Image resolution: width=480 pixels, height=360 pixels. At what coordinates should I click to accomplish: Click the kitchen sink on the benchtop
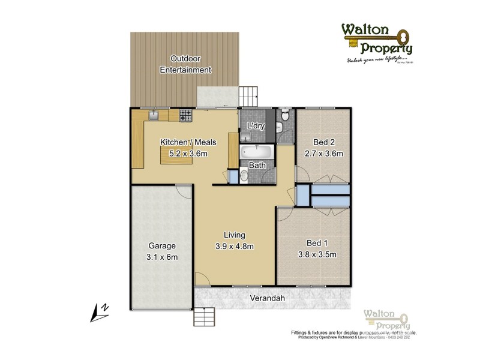pos(154,114)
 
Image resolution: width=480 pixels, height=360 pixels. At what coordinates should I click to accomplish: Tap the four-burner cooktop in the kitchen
pos(185,114)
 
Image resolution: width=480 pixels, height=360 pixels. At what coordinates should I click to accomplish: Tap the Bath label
pos(257,165)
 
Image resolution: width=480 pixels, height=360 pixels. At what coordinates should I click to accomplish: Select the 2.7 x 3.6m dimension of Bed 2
pos(323,153)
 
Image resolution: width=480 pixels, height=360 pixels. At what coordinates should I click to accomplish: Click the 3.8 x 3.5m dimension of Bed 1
pos(312,254)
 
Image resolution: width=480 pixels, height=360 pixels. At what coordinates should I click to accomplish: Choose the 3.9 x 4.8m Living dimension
pos(235,245)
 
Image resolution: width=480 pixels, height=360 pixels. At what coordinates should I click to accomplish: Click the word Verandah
pos(267,298)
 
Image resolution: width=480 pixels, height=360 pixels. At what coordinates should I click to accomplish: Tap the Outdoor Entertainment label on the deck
pos(185,64)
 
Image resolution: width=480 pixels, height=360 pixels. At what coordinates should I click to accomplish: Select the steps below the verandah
pos(205,316)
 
